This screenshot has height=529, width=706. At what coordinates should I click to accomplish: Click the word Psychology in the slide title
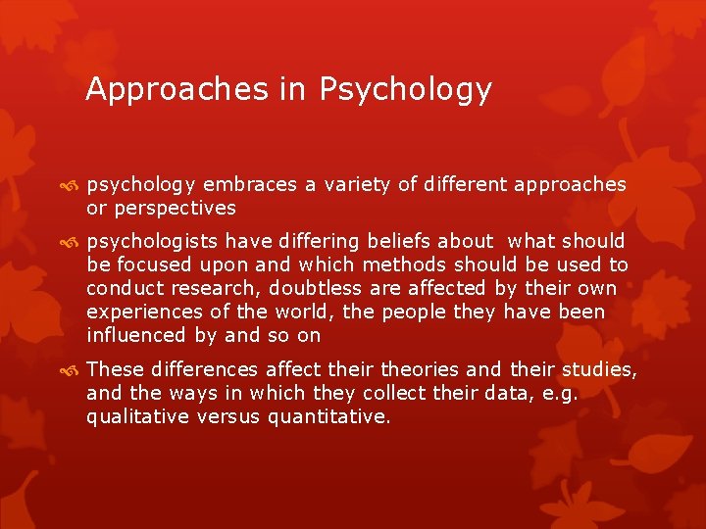[x=405, y=90]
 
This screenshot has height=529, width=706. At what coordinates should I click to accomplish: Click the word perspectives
[x=174, y=208]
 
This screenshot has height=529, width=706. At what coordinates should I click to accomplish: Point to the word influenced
[x=133, y=335]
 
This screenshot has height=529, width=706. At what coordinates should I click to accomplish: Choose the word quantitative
[x=334, y=416]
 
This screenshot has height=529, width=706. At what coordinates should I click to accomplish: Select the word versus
[x=228, y=416]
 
